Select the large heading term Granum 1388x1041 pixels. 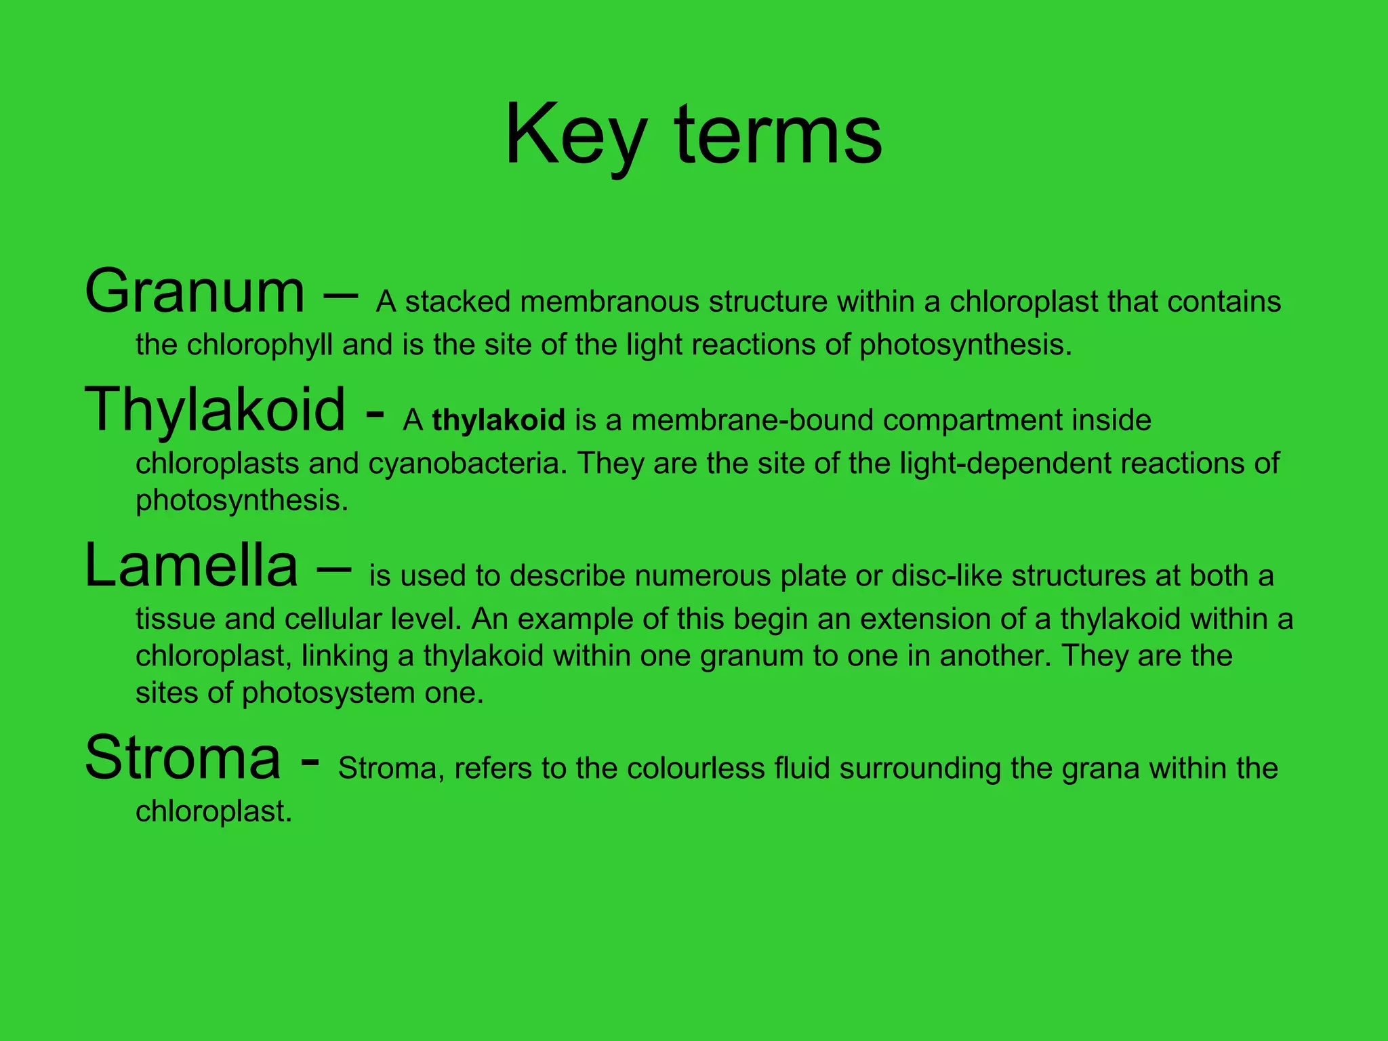point(195,292)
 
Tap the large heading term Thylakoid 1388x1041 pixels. point(215,409)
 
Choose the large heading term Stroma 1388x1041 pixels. point(183,758)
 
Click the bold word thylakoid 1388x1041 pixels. point(498,420)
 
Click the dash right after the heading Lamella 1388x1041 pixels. point(333,568)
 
